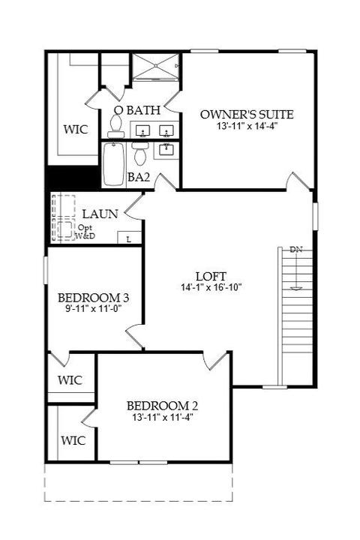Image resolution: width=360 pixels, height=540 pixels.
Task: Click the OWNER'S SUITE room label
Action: (247, 114)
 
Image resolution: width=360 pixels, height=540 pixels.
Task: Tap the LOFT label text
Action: (211, 276)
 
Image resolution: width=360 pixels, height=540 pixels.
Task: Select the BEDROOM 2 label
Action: (162, 406)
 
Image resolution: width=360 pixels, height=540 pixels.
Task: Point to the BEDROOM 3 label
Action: (93, 297)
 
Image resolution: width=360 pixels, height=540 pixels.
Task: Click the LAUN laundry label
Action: (100, 214)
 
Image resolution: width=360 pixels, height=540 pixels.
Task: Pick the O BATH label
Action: (137, 110)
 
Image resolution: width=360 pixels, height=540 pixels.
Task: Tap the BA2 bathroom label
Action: (139, 177)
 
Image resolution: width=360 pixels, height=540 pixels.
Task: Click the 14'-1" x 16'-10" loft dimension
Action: (211, 287)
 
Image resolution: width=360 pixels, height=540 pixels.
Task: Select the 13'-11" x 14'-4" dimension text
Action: (247, 126)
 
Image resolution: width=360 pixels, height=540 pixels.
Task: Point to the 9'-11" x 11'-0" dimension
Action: (94, 308)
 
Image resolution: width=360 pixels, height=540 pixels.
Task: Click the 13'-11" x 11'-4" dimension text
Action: (162, 418)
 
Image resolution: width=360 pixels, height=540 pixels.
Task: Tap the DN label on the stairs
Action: (296, 249)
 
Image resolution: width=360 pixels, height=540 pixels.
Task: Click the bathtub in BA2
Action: (114, 164)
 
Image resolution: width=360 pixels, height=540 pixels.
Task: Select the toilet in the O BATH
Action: (115, 127)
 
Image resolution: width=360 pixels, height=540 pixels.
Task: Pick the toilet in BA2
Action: (140, 154)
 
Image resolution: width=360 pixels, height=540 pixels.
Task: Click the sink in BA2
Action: (166, 150)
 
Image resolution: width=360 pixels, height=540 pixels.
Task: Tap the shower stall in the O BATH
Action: (156, 67)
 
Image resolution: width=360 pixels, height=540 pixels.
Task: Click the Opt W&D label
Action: (85, 232)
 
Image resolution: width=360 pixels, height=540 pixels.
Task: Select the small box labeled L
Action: (130, 238)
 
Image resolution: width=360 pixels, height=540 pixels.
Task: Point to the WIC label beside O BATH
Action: (76, 130)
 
